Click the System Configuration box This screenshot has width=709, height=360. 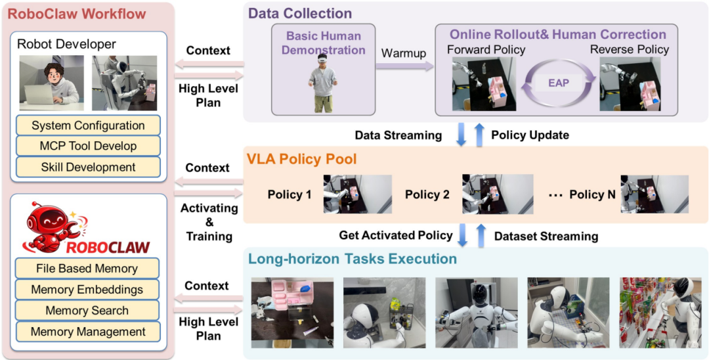pyautogui.click(x=88, y=125)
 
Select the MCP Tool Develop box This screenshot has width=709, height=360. pyautogui.click(x=88, y=146)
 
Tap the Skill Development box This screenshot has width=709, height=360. pyautogui.click(x=88, y=167)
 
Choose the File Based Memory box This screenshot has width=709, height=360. pyautogui.click(x=87, y=268)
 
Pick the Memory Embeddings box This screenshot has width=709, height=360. pyautogui.click(x=87, y=290)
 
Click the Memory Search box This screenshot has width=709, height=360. pyautogui.click(x=87, y=311)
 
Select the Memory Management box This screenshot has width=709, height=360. pyautogui.click(x=88, y=332)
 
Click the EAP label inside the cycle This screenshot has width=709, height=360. pyautogui.click(x=558, y=83)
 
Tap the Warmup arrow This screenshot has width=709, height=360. pyautogui.click(x=404, y=66)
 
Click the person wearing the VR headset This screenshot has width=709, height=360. pyautogui.click(x=322, y=83)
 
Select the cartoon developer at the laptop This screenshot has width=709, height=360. pyautogui.click(x=52, y=83)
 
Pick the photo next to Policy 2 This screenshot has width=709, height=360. pyautogui.click(x=498, y=194)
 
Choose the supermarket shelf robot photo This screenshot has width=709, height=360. pyautogui.click(x=654, y=313)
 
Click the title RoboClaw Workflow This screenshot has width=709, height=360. pyautogui.click(x=77, y=13)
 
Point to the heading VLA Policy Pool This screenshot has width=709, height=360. pyautogui.click(x=302, y=159)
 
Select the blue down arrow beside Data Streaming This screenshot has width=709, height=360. pyautogui.click(x=462, y=135)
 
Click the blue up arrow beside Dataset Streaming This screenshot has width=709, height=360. pyautogui.click(x=481, y=235)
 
